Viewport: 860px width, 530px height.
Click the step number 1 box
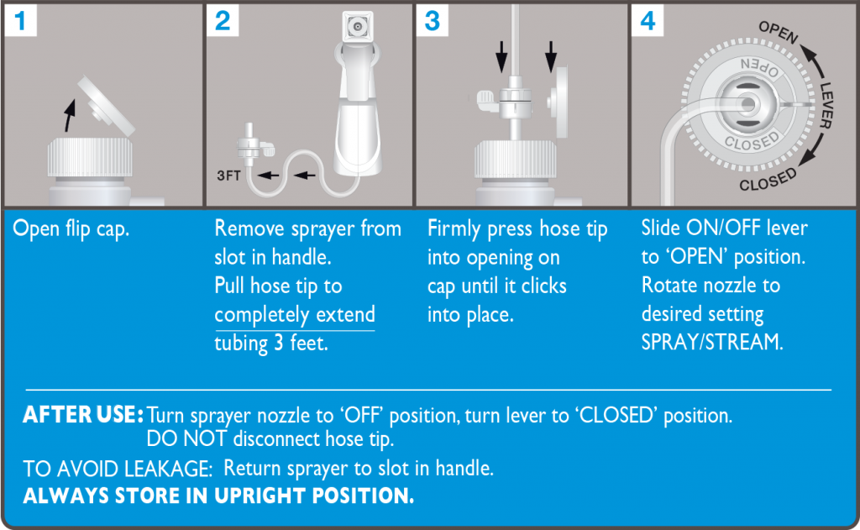coord(20,21)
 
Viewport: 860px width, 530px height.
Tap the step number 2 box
coord(222,21)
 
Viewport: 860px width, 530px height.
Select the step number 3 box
coord(433,21)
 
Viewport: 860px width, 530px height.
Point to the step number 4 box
coord(648,21)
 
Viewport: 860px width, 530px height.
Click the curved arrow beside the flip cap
coord(69,115)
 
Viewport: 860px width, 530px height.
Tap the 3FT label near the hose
coord(228,176)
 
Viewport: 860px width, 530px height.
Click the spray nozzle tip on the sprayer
coord(358,26)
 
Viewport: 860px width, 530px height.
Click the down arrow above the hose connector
coord(501,57)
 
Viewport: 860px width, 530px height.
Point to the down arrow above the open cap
coord(551,57)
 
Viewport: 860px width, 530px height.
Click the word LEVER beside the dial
coord(826,105)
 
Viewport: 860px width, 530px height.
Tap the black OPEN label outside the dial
coord(779,33)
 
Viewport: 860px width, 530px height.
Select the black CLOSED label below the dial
coord(768,180)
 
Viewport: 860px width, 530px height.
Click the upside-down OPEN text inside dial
coord(759,67)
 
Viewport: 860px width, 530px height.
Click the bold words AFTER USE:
coord(83,415)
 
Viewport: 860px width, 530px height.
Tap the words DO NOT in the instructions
coord(186,439)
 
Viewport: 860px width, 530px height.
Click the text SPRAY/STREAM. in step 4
coord(712,343)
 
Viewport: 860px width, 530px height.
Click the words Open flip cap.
coord(71,229)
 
